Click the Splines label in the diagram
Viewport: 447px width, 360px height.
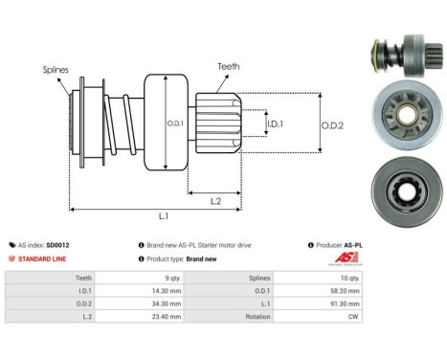[55, 70]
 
